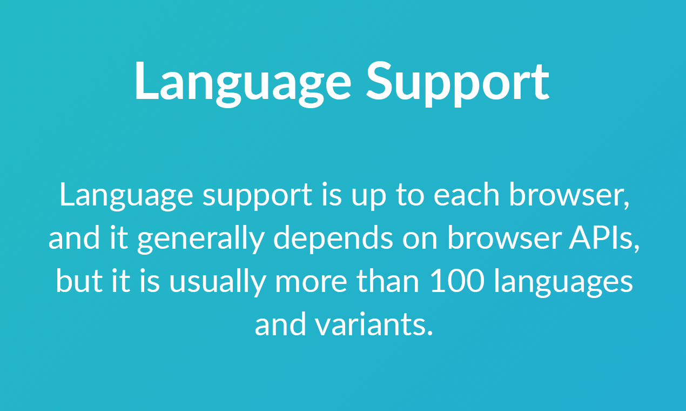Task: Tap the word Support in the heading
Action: (458, 81)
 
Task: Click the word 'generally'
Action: (200, 238)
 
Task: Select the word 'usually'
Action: (217, 282)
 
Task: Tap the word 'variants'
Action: (373, 324)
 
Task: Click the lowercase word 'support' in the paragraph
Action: (258, 196)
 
